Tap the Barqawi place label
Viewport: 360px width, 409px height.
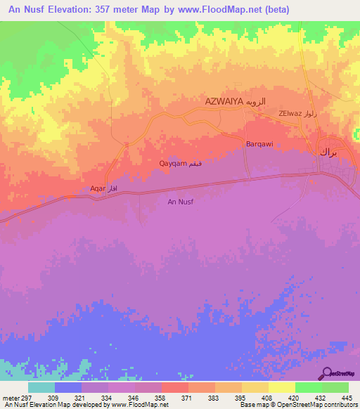pyautogui.click(x=259, y=144)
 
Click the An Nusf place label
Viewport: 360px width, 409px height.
pyautogui.click(x=180, y=202)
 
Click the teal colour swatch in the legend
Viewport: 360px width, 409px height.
pyautogui.click(x=41, y=387)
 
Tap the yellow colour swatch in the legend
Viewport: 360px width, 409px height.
pyautogui.click(x=281, y=387)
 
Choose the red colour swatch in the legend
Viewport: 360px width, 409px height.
pyautogui.click(x=174, y=387)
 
